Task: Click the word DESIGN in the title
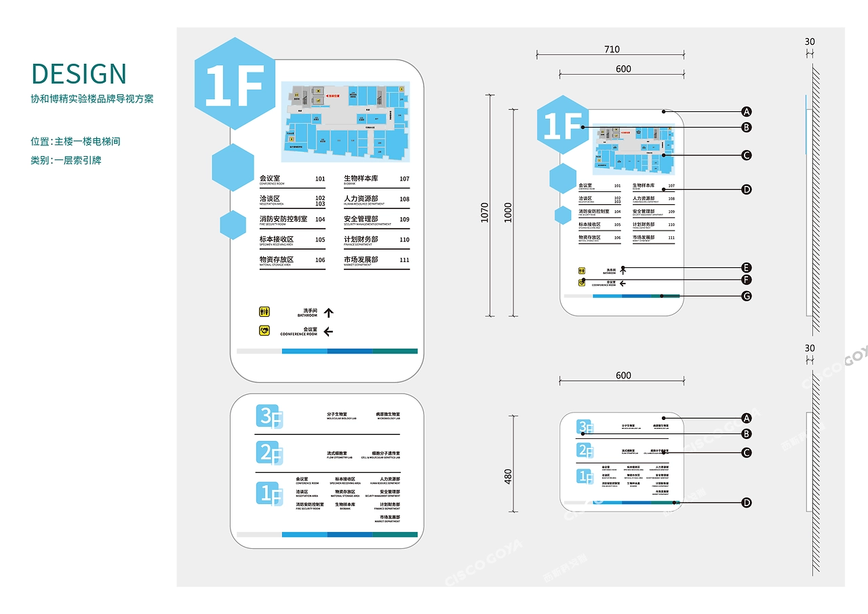point(79,74)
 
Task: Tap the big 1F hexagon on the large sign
point(235,84)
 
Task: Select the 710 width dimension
point(612,50)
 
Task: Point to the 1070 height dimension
point(485,212)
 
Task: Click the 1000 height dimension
point(509,212)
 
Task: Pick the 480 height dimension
point(509,476)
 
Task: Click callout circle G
point(746,296)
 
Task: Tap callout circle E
point(746,267)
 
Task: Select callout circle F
point(746,280)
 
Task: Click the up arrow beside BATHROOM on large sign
point(329,313)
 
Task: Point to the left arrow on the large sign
point(329,332)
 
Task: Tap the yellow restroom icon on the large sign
point(264,312)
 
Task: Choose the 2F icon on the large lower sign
point(269,453)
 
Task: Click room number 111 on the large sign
point(404,259)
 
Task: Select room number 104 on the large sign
point(320,219)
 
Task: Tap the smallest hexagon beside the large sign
point(233,225)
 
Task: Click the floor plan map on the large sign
point(346,122)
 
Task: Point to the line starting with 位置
point(75,142)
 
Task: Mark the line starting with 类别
point(66,160)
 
